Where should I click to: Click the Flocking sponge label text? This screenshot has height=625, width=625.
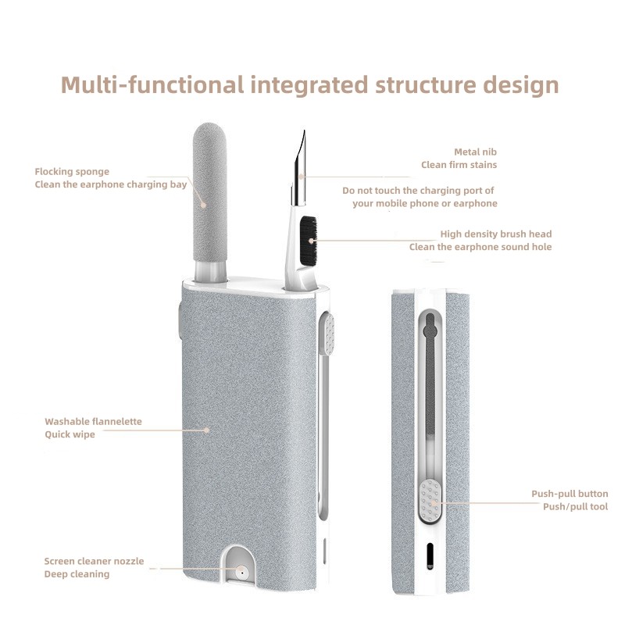tap(72, 171)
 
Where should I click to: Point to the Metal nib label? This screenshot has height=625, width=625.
tap(475, 152)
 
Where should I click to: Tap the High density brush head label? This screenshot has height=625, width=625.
tap(495, 234)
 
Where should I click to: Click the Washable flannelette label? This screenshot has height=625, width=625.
tap(93, 421)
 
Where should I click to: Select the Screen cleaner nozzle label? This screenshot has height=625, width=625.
tap(94, 561)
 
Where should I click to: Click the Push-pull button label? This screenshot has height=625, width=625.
tap(570, 494)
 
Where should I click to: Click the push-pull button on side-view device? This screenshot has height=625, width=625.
tap(429, 499)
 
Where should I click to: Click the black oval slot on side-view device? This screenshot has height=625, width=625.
tap(429, 556)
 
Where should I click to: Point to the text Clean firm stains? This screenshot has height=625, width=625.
tap(459, 165)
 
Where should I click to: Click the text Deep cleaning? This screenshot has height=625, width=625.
tap(77, 574)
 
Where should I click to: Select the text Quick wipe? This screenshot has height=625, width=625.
tap(70, 434)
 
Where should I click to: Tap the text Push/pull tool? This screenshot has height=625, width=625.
tap(575, 507)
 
